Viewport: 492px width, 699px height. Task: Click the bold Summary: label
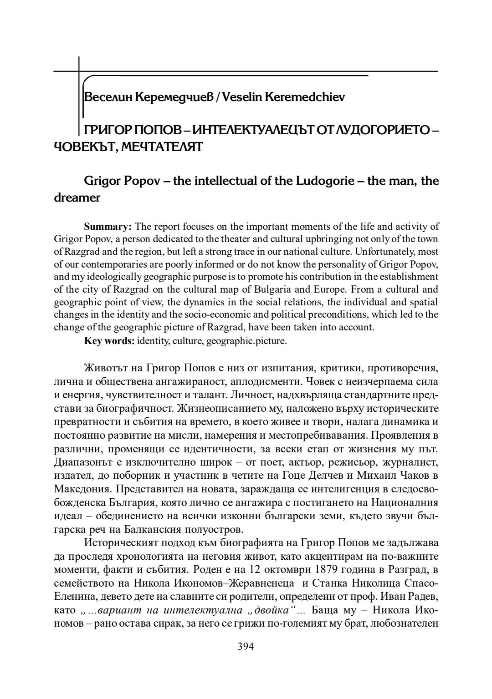point(108,227)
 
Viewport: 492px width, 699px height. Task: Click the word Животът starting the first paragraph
point(106,368)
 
